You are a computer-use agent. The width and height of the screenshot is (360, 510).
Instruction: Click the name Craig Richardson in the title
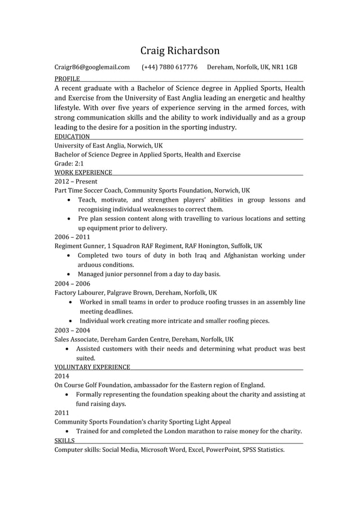[180, 51]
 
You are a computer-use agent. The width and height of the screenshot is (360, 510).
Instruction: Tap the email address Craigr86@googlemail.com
[92, 68]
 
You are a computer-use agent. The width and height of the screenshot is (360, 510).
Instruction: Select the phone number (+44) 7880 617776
[169, 68]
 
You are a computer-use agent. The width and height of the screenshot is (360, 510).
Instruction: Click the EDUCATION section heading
[72, 137]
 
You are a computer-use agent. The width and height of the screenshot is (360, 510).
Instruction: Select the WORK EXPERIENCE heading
[83, 172]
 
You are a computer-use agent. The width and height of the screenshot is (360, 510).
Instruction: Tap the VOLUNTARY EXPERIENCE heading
[92, 367]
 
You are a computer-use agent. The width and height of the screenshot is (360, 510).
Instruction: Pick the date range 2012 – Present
[76, 181]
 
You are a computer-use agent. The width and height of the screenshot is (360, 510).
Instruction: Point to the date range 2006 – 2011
[72, 237]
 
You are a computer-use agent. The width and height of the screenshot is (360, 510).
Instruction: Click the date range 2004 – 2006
[72, 284]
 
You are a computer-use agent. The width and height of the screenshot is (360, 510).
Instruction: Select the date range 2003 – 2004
[72, 330]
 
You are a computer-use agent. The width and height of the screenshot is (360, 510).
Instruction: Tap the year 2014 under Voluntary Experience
[62, 376]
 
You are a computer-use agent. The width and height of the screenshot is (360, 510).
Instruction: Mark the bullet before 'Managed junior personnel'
[68, 274]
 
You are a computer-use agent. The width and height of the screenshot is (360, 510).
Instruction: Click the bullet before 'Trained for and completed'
[68, 431]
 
